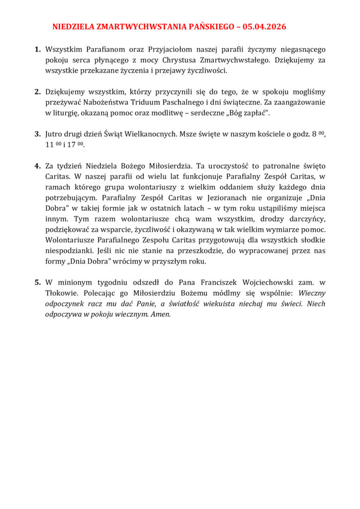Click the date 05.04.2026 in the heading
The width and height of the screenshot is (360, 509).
[265, 27]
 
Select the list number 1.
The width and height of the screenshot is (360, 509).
[37, 50]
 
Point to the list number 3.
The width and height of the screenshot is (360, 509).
[37, 134]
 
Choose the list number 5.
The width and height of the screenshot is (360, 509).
[37, 282]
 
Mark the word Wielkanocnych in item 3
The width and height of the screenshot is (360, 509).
[149, 134]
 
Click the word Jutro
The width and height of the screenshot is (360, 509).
[55, 134]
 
